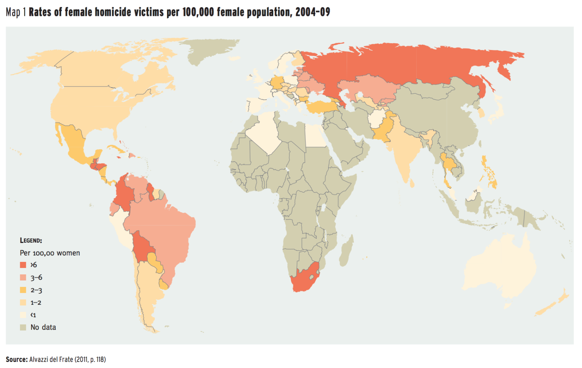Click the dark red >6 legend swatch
click(23, 265)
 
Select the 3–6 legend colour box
click(23, 277)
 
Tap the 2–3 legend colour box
click(23, 290)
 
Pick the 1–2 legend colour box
click(23, 302)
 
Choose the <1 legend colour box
click(23, 315)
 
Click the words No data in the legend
click(43, 327)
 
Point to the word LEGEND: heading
click(31, 241)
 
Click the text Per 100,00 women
click(50, 253)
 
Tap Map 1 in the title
click(16, 12)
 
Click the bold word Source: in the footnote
click(17, 359)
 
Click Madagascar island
click(346, 251)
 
